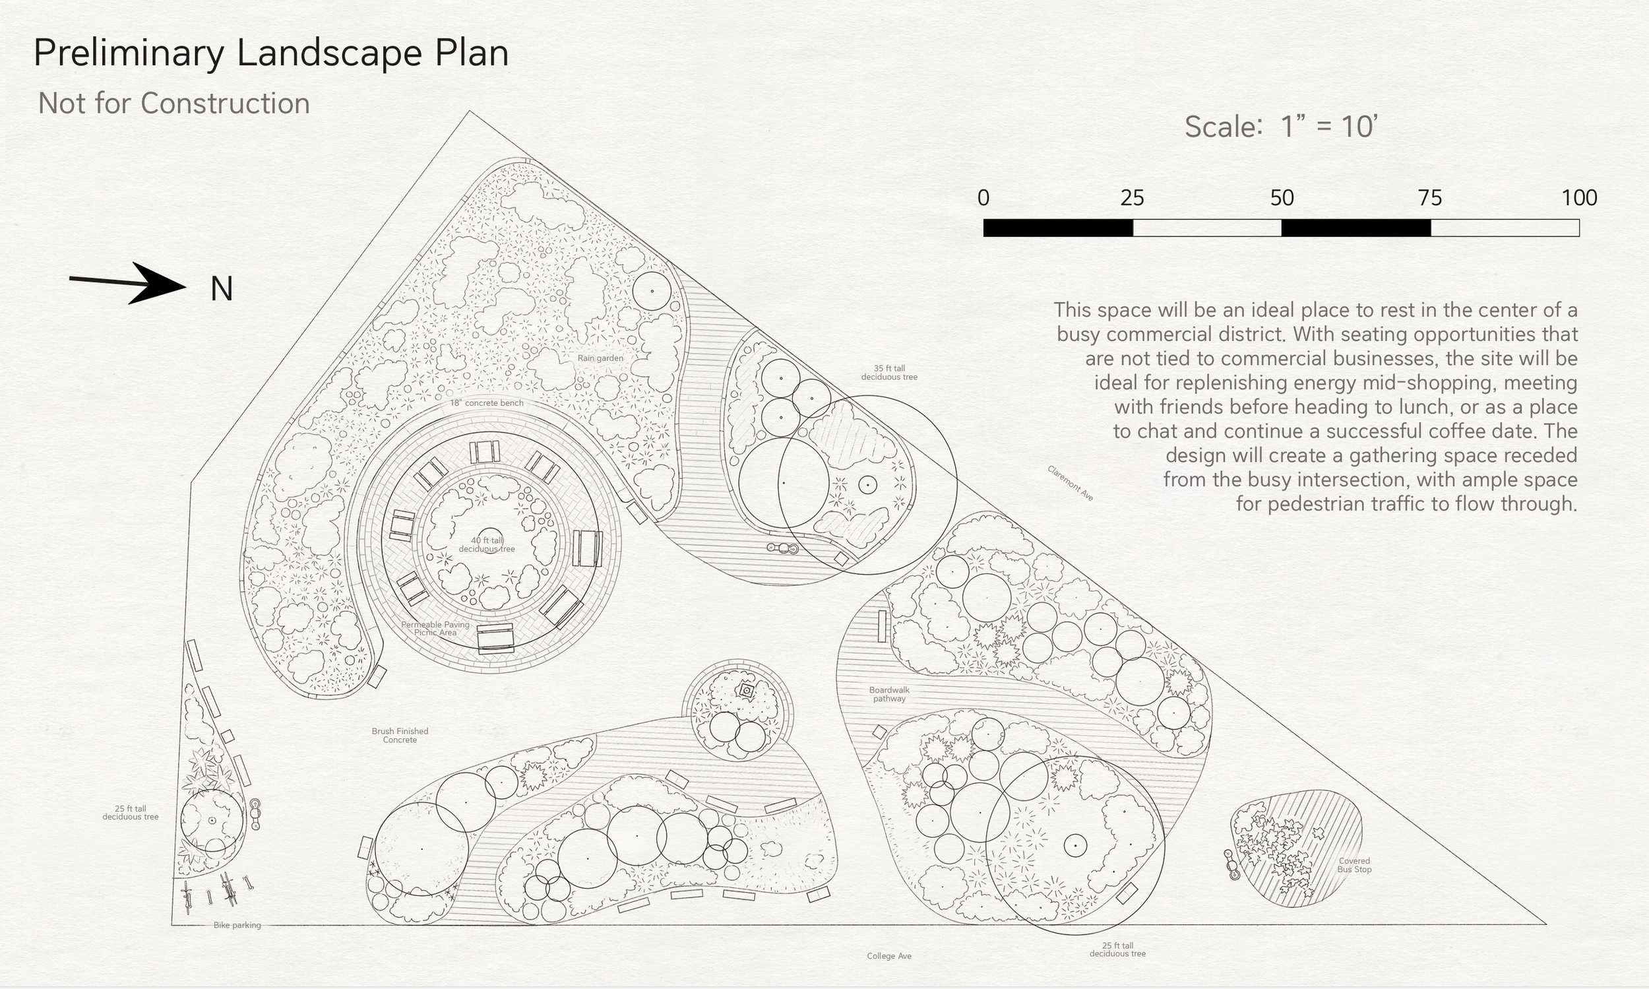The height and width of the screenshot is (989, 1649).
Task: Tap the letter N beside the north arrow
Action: coord(221,289)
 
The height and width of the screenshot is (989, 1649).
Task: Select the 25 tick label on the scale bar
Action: coord(1132,198)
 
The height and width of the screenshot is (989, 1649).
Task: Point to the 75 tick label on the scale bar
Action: coord(1430,198)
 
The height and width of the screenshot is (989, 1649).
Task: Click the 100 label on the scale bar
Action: coord(1579,198)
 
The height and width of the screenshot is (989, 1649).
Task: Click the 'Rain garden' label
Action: coord(600,358)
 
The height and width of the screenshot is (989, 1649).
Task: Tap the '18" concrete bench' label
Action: coord(486,403)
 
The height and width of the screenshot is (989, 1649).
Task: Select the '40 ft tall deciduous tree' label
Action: coord(486,544)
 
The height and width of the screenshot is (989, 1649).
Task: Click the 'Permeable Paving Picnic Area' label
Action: coord(435,629)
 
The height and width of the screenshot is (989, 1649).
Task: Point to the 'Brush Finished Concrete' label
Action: coord(400,735)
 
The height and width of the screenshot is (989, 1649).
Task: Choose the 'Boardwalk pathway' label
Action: coord(888,695)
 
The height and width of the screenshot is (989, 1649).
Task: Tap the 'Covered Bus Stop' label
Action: coord(1354,865)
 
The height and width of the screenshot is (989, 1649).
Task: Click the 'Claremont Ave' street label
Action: coord(1070,483)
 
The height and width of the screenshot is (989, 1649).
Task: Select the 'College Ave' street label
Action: coord(888,955)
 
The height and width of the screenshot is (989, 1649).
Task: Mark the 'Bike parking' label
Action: coord(237,925)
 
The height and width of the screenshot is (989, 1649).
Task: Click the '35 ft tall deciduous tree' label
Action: coord(888,373)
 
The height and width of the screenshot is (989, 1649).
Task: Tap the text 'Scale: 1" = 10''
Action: coord(1280,127)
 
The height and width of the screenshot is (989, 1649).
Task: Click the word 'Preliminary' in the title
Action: coord(129,53)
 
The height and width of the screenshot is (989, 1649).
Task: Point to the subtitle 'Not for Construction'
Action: coord(174,104)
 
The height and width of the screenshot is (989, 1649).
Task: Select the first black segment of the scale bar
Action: coord(1058,228)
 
